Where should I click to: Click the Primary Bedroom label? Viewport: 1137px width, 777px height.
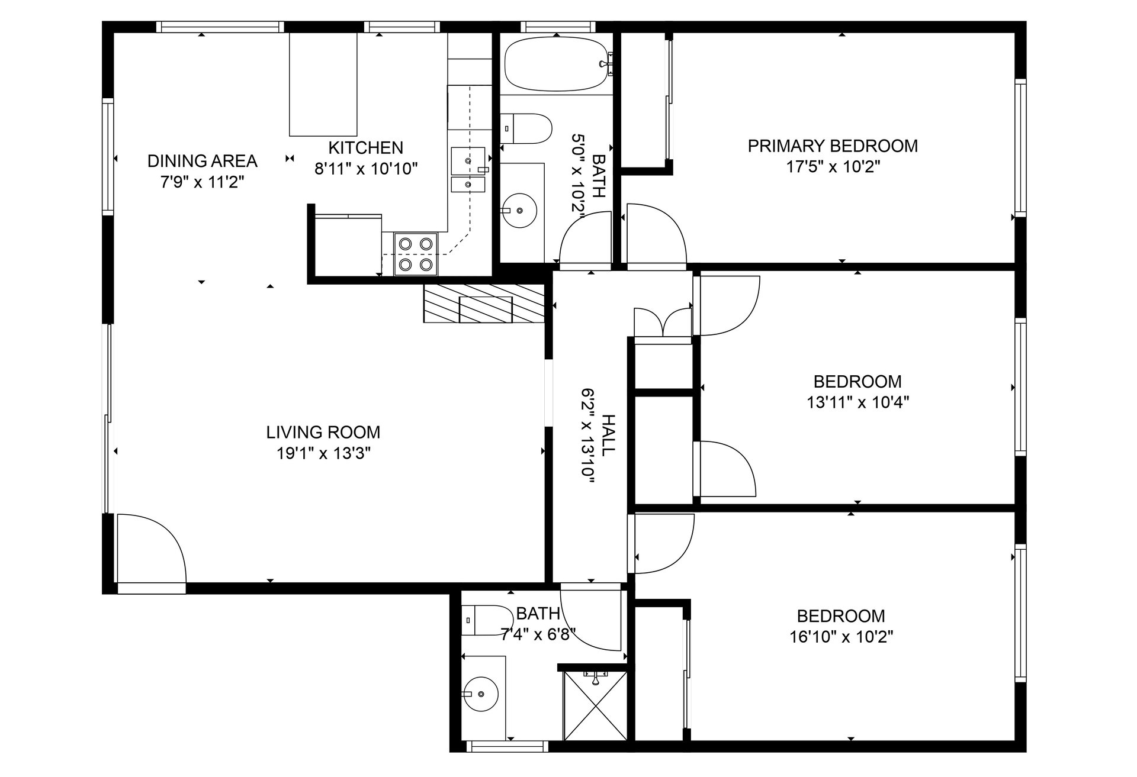[833, 146]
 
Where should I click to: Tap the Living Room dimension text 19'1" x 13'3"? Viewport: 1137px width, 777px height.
[323, 453]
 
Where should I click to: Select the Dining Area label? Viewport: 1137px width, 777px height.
[203, 161]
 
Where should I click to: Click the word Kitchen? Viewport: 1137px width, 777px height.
[366, 147]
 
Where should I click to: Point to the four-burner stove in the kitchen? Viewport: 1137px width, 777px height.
[415, 254]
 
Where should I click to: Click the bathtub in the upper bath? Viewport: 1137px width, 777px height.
[557, 65]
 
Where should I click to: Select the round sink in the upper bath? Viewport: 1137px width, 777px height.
[519, 210]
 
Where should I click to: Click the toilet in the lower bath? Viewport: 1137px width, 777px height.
[487, 620]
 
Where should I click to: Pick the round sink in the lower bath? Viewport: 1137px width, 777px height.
[480, 694]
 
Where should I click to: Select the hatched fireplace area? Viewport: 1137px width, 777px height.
[483, 304]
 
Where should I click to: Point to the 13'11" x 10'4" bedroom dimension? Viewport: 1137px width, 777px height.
[857, 402]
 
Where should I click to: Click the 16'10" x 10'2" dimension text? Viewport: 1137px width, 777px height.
[841, 637]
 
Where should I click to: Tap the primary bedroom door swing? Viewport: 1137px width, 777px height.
[656, 234]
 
